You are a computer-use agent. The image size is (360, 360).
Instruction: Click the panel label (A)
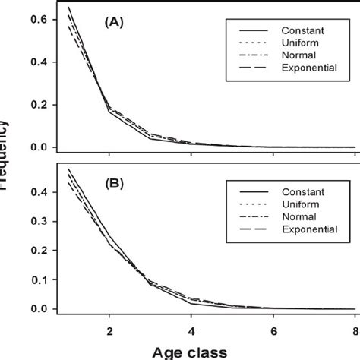115,24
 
